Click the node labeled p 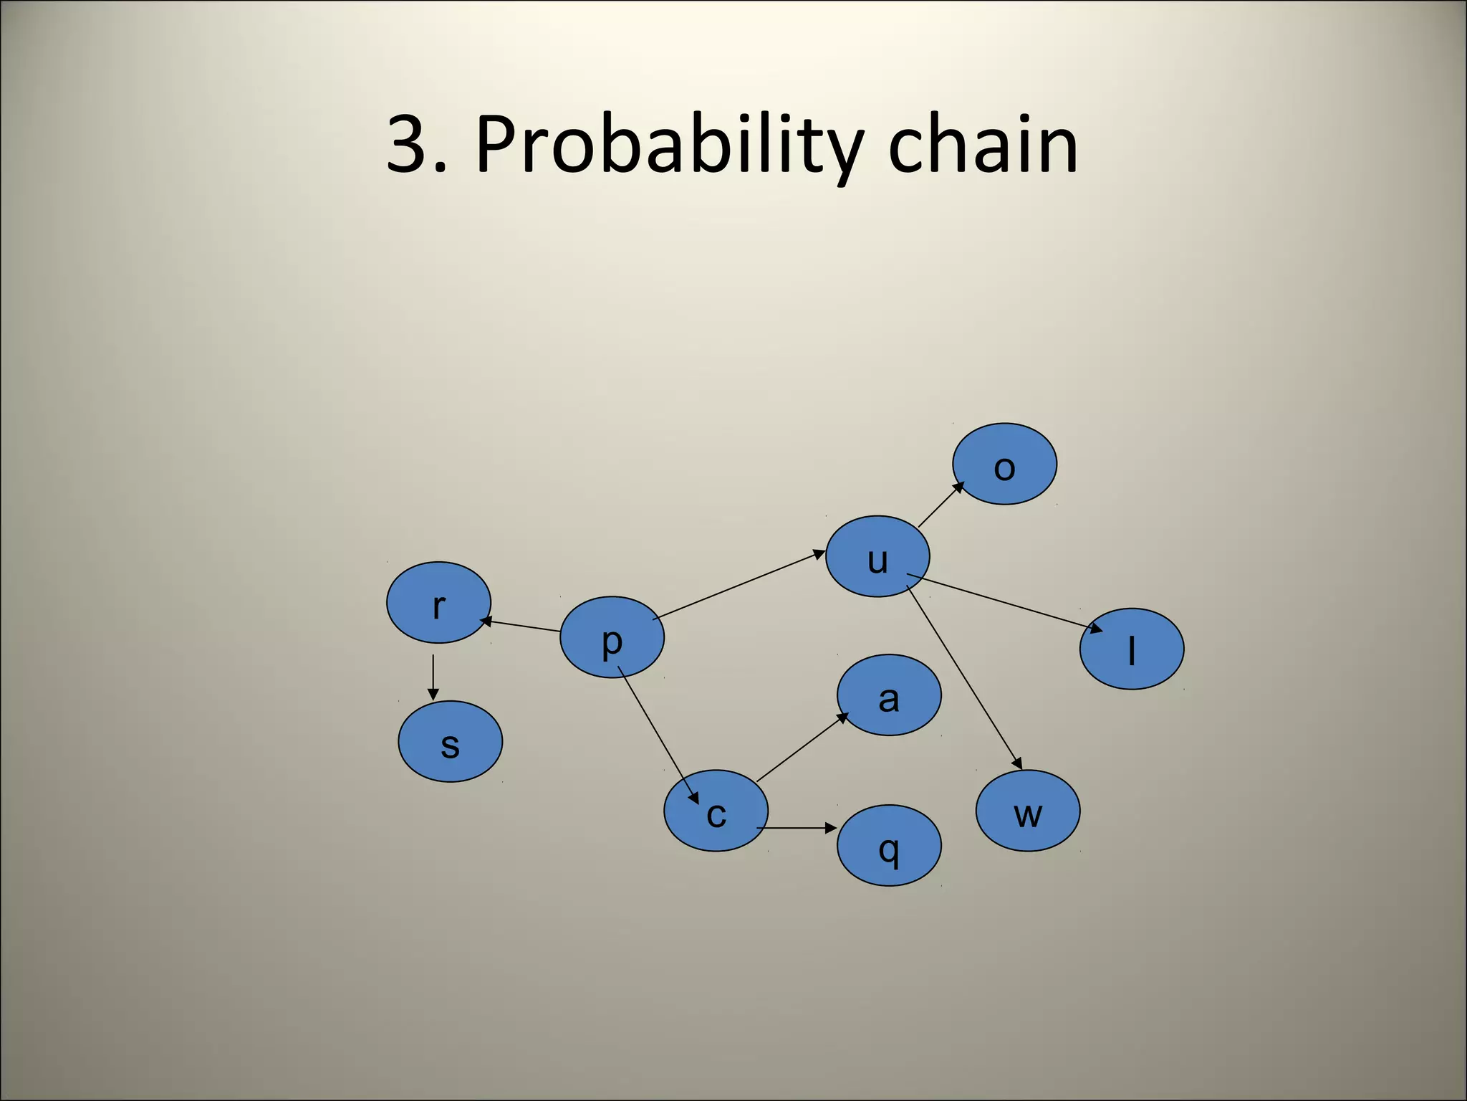click(x=612, y=637)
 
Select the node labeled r click(x=438, y=602)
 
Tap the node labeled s click(x=450, y=741)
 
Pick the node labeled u click(x=877, y=556)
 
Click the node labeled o click(x=1004, y=464)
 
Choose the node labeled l click(x=1132, y=649)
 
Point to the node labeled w click(x=1028, y=811)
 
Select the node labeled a click(x=889, y=695)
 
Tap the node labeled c click(x=716, y=811)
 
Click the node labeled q click(x=889, y=846)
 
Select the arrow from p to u click(x=739, y=584)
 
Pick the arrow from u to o click(x=941, y=505)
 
